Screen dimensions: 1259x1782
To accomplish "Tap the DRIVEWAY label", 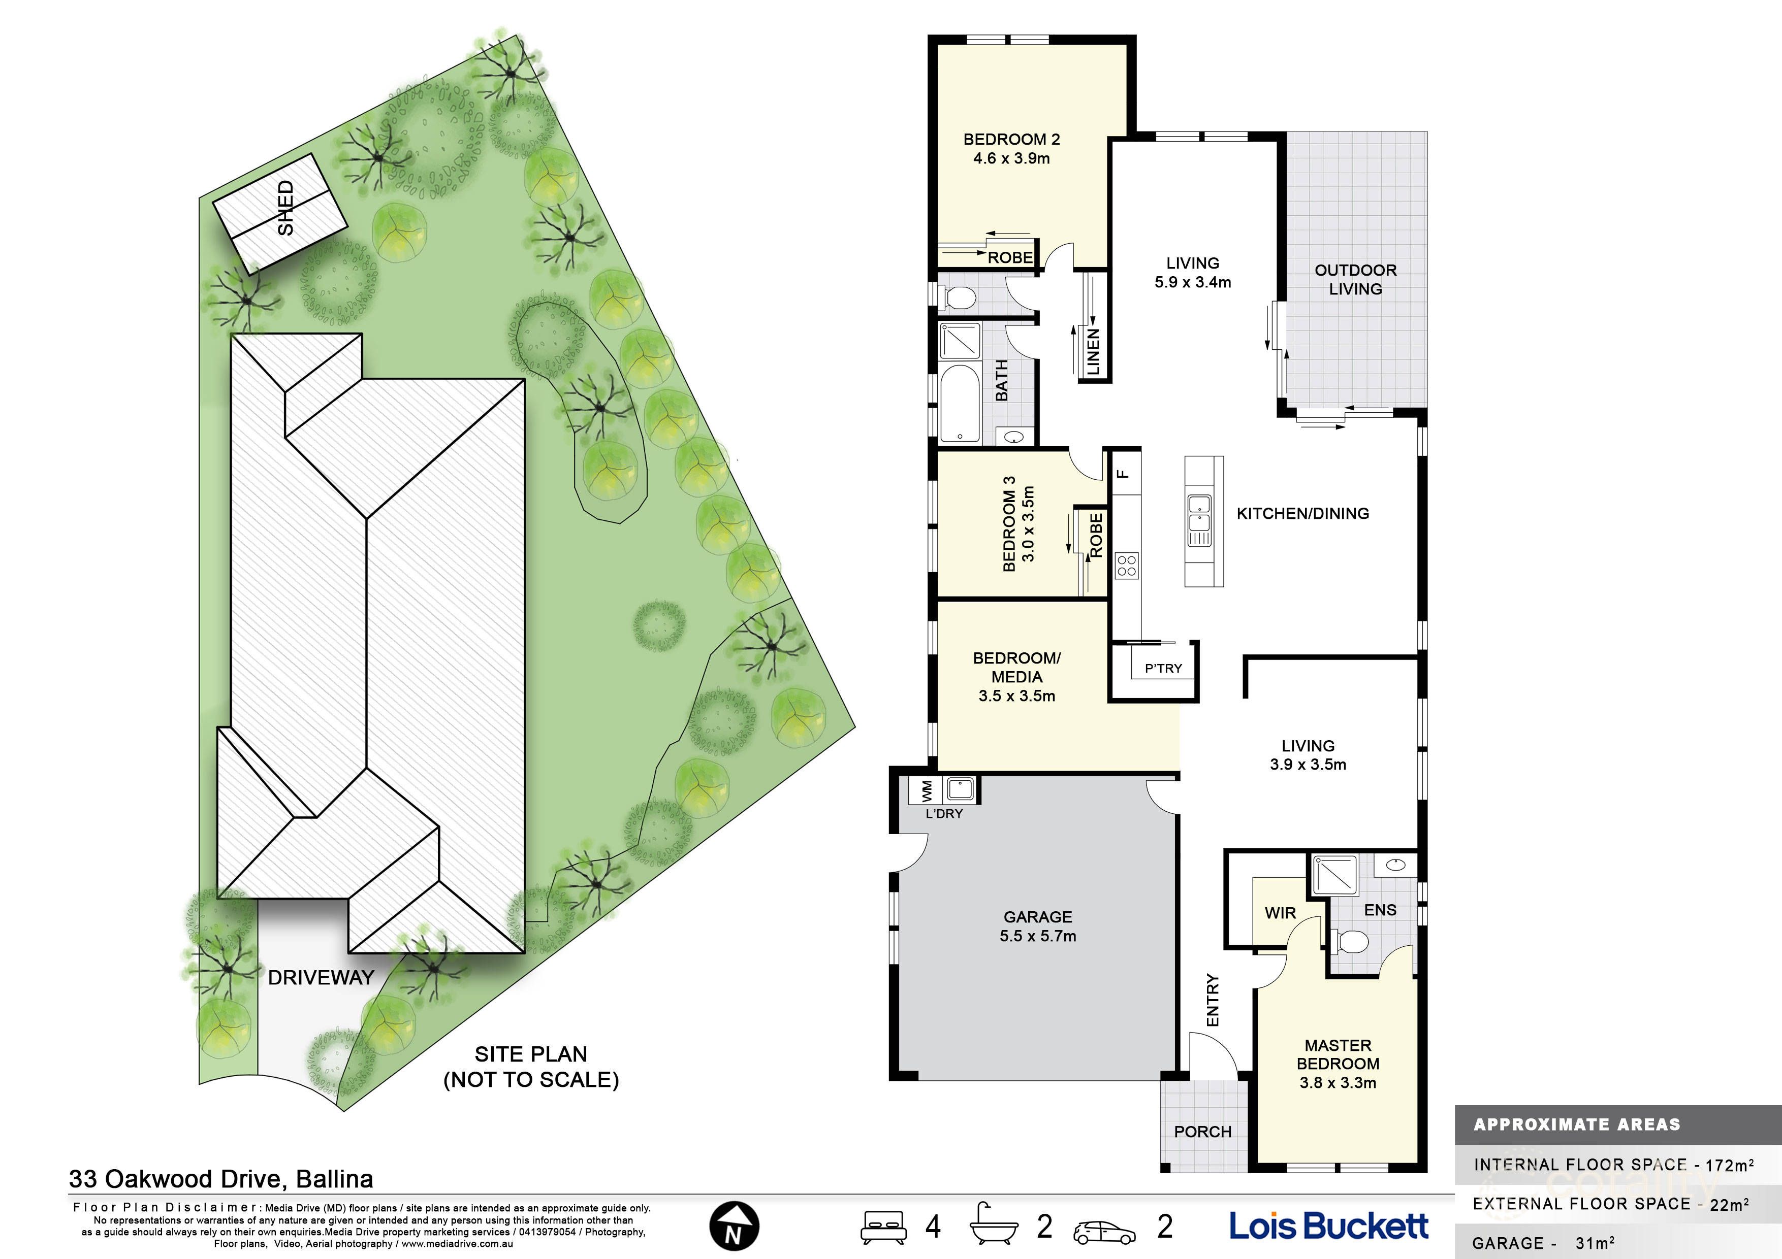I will click(x=321, y=977).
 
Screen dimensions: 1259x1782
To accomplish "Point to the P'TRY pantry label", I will click(x=1163, y=669).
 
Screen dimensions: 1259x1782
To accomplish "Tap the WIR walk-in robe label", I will click(x=1280, y=913).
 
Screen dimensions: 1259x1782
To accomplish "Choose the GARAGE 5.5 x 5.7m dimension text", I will click(x=1038, y=936).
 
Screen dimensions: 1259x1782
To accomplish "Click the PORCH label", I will click(x=1202, y=1132).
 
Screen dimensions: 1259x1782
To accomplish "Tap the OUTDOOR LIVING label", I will click(x=1355, y=279).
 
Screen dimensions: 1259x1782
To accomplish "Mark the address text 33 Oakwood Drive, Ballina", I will click(x=221, y=1179).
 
